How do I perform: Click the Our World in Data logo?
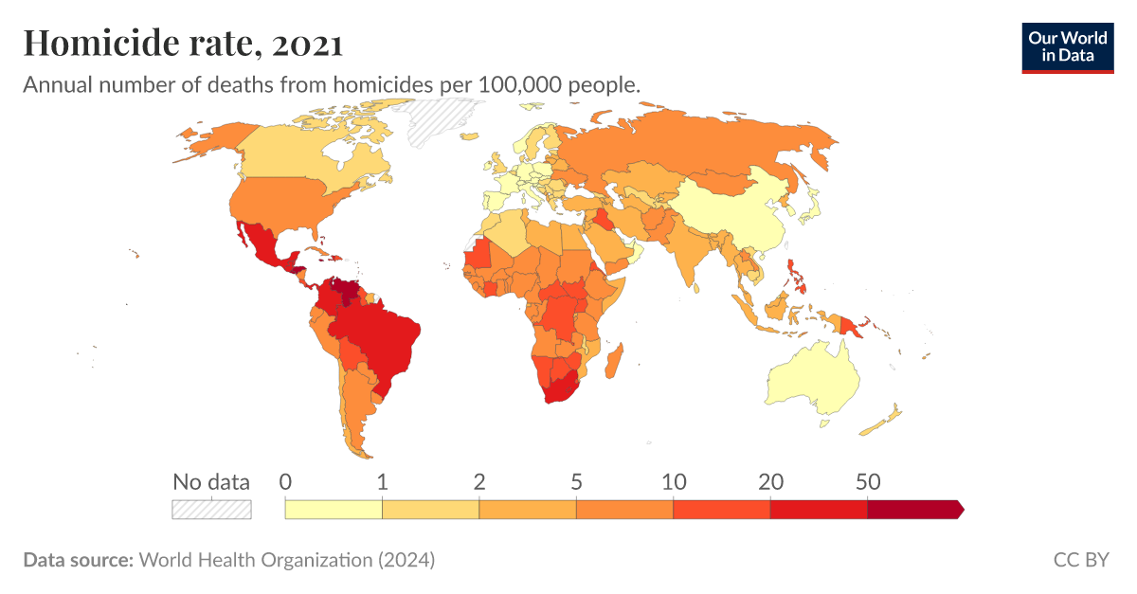pos(1068,47)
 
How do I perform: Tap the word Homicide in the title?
pos(95,43)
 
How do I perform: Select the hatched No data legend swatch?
pos(211,510)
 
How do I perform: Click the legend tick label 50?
pos(867,481)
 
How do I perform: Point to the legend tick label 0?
pos(285,481)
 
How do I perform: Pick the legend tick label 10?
pos(673,481)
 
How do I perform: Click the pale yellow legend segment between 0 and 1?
pos(334,510)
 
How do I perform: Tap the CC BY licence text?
pos(1081,560)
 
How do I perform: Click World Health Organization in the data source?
pos(256,560)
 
